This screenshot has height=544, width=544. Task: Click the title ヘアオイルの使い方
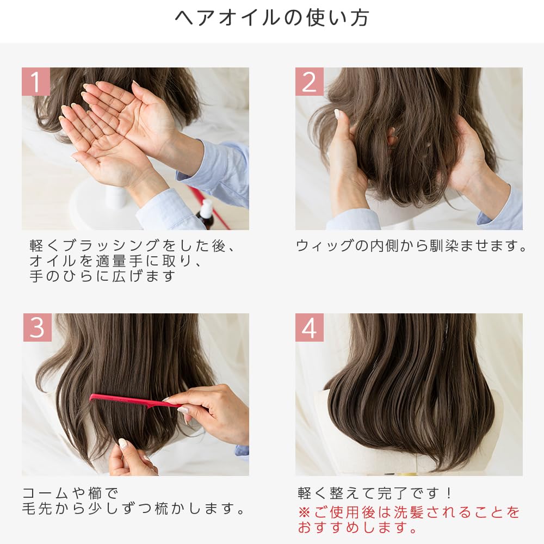coord(272,18)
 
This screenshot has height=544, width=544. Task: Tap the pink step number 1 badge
coord(36,82)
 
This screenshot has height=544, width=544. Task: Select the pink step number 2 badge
coord(309,82)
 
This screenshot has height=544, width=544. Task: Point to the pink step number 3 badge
coord(36,327)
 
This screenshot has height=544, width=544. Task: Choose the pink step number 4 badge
coord(309,327)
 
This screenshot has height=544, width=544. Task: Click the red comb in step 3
coord(131,401)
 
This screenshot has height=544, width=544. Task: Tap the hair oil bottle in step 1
coord(206,214)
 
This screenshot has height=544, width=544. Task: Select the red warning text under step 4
coord(408,520)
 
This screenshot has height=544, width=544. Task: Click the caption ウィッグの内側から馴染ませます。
coord(412,246)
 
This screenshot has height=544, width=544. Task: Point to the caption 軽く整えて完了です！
coord(375,493)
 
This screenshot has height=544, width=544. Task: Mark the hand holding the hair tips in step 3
coord(131,460)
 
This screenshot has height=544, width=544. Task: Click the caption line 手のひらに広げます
coord(103,276)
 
